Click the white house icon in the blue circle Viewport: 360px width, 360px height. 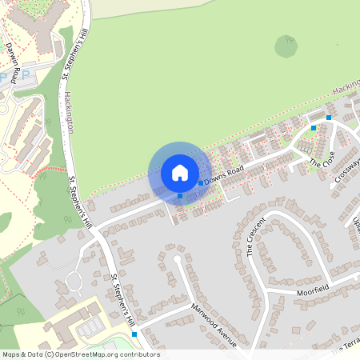point(180,172)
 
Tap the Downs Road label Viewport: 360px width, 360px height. point(223,176)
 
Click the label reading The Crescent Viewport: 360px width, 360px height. point(255,235)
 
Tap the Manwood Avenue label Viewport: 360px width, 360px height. point(214,326)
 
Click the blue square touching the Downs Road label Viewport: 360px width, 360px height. point(200,183)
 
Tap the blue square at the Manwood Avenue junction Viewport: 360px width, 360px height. point(134,334)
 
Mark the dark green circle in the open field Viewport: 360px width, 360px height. point(286,46)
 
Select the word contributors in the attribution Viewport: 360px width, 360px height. point(142,354)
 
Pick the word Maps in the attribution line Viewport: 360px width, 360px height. point(11,354)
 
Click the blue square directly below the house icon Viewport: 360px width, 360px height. point(180,195)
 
